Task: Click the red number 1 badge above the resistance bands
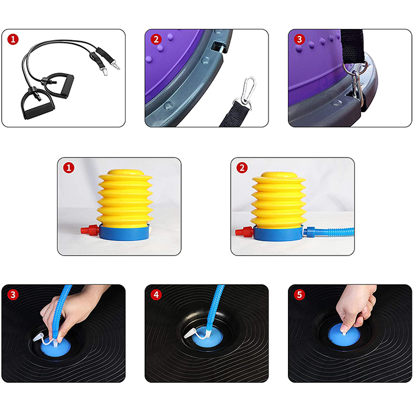click(13, 40)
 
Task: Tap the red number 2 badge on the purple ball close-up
click(156, 40)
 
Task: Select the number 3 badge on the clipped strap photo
click(299, 40)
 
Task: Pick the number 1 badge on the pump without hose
click(69, 168)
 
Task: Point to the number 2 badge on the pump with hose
click(242, 168)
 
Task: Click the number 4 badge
click(156, 295)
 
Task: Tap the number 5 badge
click(299, 295)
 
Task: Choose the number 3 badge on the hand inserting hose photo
click(13, 295)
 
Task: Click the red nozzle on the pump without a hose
click(90, 230)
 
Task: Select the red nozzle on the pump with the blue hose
click(244, 232)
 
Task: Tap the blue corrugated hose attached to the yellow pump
click(329, 232)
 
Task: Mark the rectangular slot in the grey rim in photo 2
click(218, 47)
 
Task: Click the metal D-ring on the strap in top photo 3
click(353, 67)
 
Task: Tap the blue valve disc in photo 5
click(344, 336)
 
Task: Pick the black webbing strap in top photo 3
click(353, 46)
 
